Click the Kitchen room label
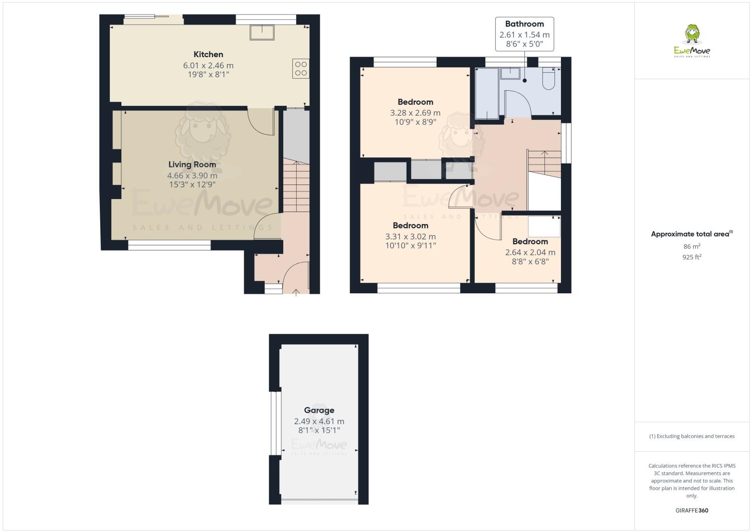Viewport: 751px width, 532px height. click(x=208, y=54)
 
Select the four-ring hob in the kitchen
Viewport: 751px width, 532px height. click(x=301, y=68)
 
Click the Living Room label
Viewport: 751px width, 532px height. click(x=192, y=164)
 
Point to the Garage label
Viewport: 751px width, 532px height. click(x=319, y=410)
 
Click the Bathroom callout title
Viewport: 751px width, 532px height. click(x=524, y=24)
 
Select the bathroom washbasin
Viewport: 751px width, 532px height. click(x=511, y=73)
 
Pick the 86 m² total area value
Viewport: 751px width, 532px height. click(x=692, y=246)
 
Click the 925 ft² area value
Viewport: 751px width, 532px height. click(x=692, y=257)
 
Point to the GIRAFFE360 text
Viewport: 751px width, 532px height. click(x=692, y=510)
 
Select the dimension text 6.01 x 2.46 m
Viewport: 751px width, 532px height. click(x=208, y=65)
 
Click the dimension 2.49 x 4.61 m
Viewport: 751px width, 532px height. click(x=319, y=421)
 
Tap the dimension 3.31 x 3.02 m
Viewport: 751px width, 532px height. click(x=410, y=237)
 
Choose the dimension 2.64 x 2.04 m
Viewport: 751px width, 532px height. click(x=530, y=252)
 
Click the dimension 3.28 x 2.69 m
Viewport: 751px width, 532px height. click(x=415, y=113)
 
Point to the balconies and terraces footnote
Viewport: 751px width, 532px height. click(x=692, y=436)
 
